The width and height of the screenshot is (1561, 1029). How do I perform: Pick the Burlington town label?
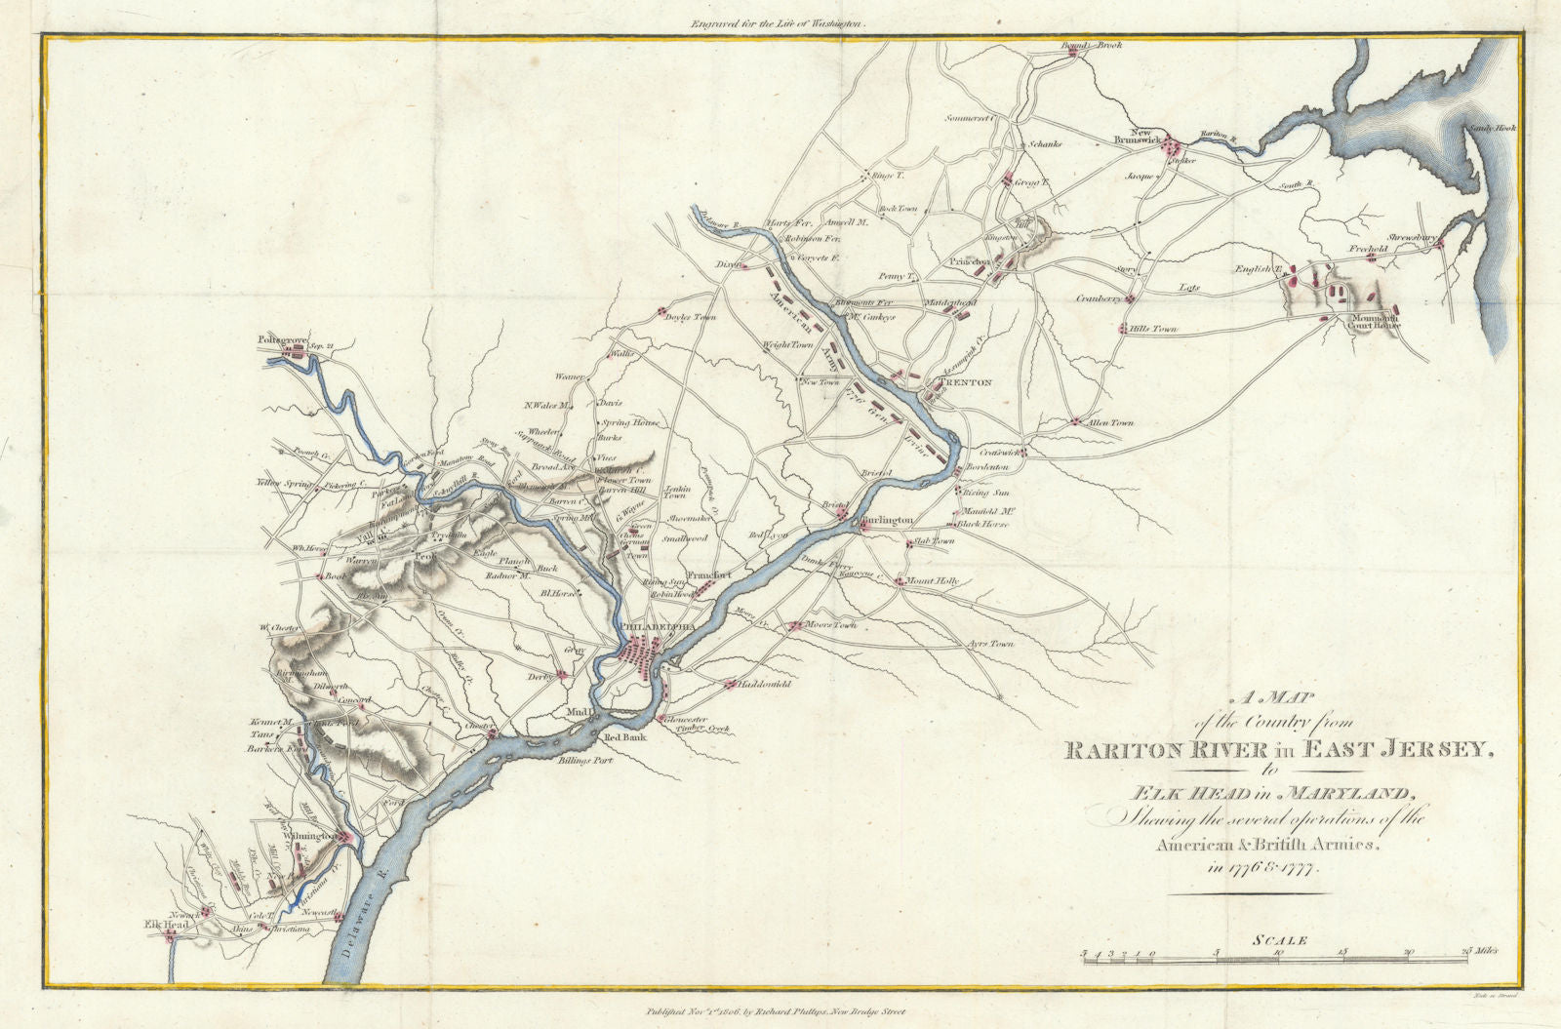click(886, 521)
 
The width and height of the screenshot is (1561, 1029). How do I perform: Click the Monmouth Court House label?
click(1376, 321)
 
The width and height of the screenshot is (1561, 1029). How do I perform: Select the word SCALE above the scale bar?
click(1274, 941)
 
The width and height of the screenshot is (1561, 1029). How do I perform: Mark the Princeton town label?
click(970, 261)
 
